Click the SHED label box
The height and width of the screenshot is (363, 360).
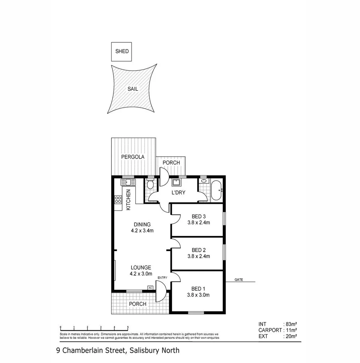[x=122, y=51]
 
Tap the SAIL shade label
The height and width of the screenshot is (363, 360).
[x=132, y=89]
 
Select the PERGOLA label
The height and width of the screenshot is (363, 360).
[x=133, y=157]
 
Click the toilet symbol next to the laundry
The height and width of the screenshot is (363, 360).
[x=150, y=184]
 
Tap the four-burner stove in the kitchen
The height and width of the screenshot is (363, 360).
[x=118, y=200]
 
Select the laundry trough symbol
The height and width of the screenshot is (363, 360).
[x=176, y=183]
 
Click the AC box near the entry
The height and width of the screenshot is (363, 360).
[x=150, y=288]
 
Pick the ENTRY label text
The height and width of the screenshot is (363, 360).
[x=162, y=278]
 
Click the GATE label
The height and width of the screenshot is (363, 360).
[x=239, y=280]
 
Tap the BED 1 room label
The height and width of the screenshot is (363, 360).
[x=198, y=289]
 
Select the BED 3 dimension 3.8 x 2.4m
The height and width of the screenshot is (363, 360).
[x=198, y=222]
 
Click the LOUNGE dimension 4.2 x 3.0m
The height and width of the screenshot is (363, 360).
[x=141, y=274]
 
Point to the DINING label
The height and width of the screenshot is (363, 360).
[x=142, y=225]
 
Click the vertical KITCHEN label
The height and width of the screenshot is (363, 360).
[x=128, y=200]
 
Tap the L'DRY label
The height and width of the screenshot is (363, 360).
[x=179, y=193]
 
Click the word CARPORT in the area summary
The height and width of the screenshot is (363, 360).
[x=270, y=330]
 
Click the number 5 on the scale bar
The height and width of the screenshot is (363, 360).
[x=128, y=327]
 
